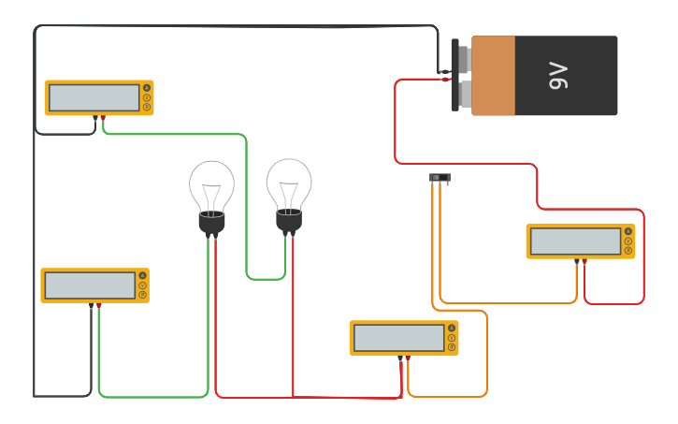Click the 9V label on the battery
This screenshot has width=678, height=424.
coord(558,76)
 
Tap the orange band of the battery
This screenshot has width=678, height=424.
coord(493,76)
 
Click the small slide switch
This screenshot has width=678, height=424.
coord(440,177)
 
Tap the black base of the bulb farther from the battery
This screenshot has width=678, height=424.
coord(212,224)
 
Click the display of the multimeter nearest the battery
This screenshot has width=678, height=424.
coord(575,241)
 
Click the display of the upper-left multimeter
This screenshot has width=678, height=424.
coord(94,97)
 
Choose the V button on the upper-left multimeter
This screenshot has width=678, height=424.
coord(147,97)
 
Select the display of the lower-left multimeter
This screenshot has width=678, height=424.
coord(90,285)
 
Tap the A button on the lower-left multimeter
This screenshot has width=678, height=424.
coord(143,276)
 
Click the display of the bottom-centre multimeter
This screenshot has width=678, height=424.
coord(398,338)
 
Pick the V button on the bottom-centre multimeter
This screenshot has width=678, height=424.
coord(452,338)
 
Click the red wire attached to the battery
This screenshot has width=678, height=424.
coord(396,122)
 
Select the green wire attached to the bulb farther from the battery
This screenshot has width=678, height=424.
coord(150,397)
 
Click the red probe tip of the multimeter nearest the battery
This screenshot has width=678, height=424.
coord(584,262)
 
